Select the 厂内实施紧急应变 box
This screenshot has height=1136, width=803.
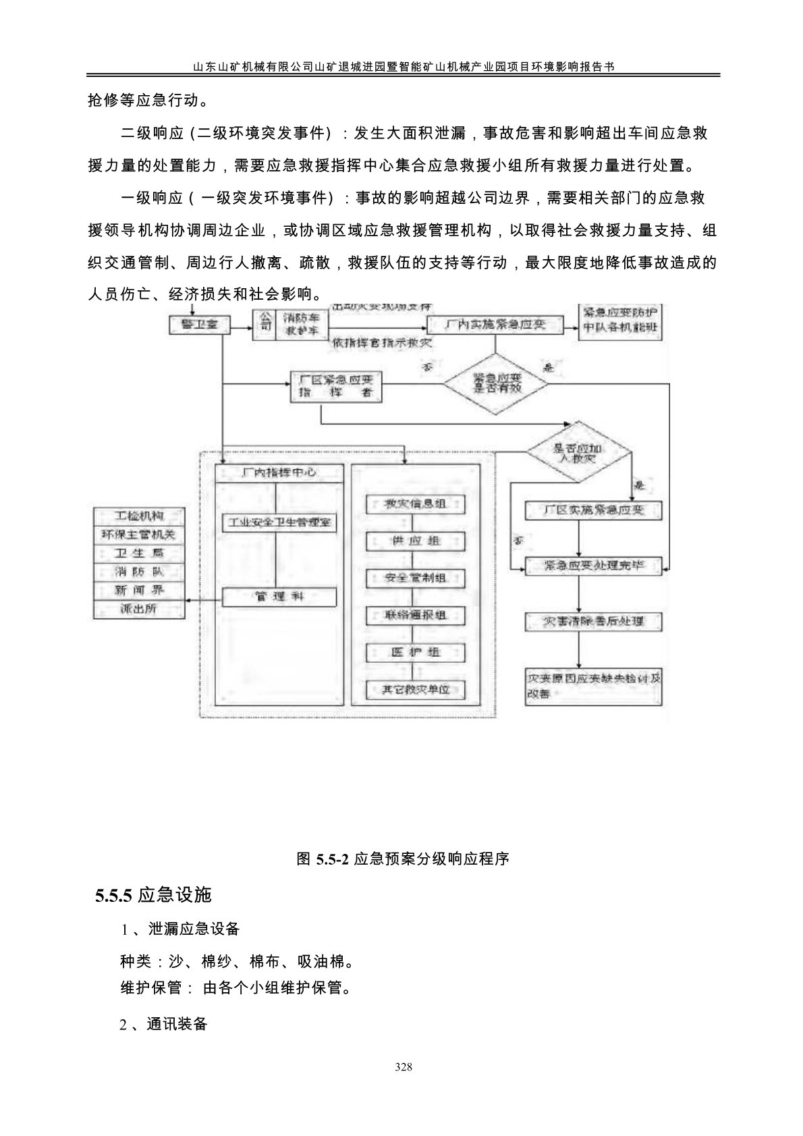495,325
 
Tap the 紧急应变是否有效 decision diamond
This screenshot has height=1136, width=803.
495,385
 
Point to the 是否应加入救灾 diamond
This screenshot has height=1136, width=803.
578,453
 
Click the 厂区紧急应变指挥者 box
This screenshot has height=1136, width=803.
335,385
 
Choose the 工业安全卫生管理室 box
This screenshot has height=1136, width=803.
279,522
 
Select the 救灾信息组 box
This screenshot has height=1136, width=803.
416,504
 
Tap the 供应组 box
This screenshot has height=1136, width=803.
416,541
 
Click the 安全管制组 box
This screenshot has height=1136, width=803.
416,578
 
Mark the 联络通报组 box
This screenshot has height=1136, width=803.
416,615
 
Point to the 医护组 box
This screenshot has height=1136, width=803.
416,652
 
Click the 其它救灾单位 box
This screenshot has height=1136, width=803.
416,689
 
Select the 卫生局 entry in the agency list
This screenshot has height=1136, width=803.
139,553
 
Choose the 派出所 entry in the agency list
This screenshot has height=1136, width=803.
139,609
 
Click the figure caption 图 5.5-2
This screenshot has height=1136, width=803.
403,859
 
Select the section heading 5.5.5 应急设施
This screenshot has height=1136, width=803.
154,895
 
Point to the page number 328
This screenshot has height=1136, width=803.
403,1067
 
